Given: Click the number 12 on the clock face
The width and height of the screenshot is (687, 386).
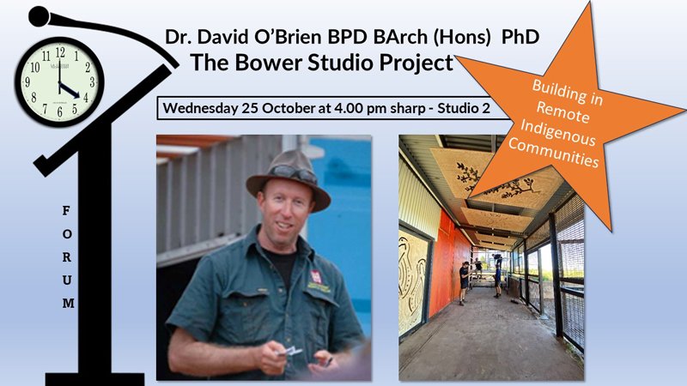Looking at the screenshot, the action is [x=60, y=52].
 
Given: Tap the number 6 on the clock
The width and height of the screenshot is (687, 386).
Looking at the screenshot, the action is [x=59, y=112].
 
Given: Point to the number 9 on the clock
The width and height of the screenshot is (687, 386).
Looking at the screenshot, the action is [x=27, y=81].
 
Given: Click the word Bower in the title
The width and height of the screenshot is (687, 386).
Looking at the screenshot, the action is [x=267, y=62].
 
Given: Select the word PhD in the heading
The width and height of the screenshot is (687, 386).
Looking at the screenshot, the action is [x=520, y=37].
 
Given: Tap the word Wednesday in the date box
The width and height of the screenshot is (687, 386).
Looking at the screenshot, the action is [x=200, y=108].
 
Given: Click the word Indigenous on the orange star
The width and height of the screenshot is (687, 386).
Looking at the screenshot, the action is [x=557, y=133].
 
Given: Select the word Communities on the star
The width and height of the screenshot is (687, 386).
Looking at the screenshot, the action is [x=553, y=153].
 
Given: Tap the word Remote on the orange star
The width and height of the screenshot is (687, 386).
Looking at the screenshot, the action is [x=563, y=112].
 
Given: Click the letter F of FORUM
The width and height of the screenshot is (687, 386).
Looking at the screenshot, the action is [x=66, y=211].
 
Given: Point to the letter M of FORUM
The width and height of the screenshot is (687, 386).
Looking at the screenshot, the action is [x=68, y=303].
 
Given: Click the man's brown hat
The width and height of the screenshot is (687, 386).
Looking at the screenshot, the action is [x=288, y=178].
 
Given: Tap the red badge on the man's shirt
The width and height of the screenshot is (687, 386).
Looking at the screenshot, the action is [x=316, y=276].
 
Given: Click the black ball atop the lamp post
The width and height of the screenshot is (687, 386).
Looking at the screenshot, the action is [x=40, y=16].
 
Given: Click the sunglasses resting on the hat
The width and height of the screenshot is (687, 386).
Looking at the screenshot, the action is [x=294, y=173].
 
